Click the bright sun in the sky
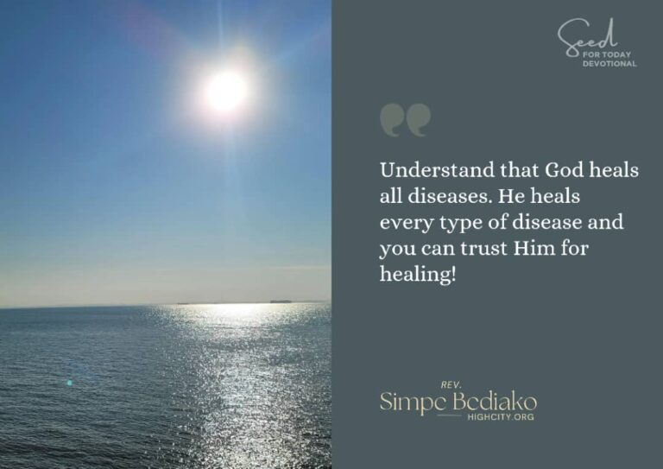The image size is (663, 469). click(x=226, y=91)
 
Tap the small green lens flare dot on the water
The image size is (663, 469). click(x=69, y=383)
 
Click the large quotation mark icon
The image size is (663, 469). click(x=405, y=120)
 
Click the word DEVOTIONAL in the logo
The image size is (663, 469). click(x=609, y=64)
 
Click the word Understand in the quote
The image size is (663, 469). click(x=437, y=170)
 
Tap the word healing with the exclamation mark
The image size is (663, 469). click(x=418, y=275)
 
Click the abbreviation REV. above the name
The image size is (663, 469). click(x=451, y=385)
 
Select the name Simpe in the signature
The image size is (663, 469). click(x=414, y=402)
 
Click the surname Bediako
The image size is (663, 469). click(x=495, y=402)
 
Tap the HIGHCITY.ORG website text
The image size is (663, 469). click(x=501, y=417)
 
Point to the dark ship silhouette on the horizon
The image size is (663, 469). click(x=281, y=301)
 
